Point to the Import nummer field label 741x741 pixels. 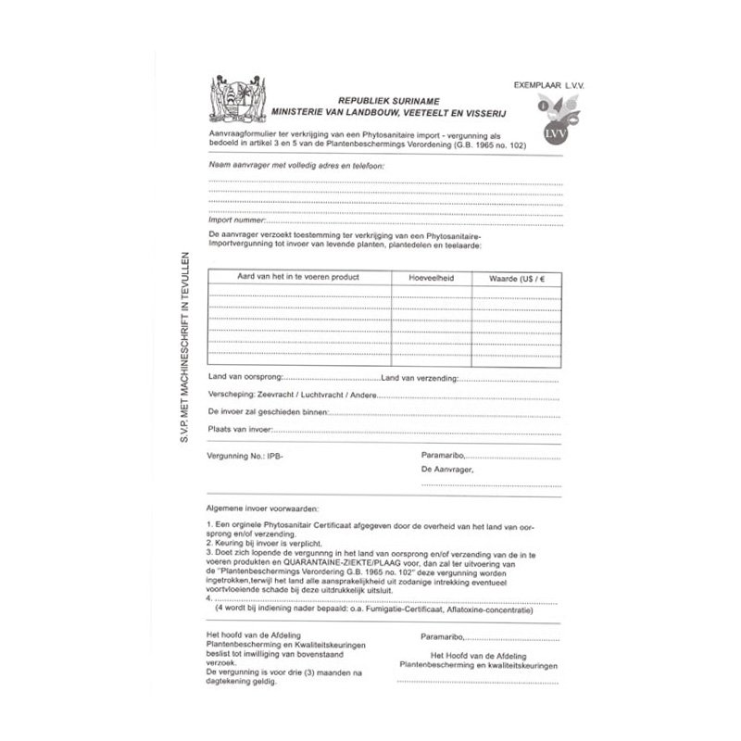tap(236, 221)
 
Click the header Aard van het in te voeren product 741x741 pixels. tap(298, 277)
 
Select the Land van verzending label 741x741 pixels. tap(416, 378)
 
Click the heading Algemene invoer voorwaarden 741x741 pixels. tap(263, 509)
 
